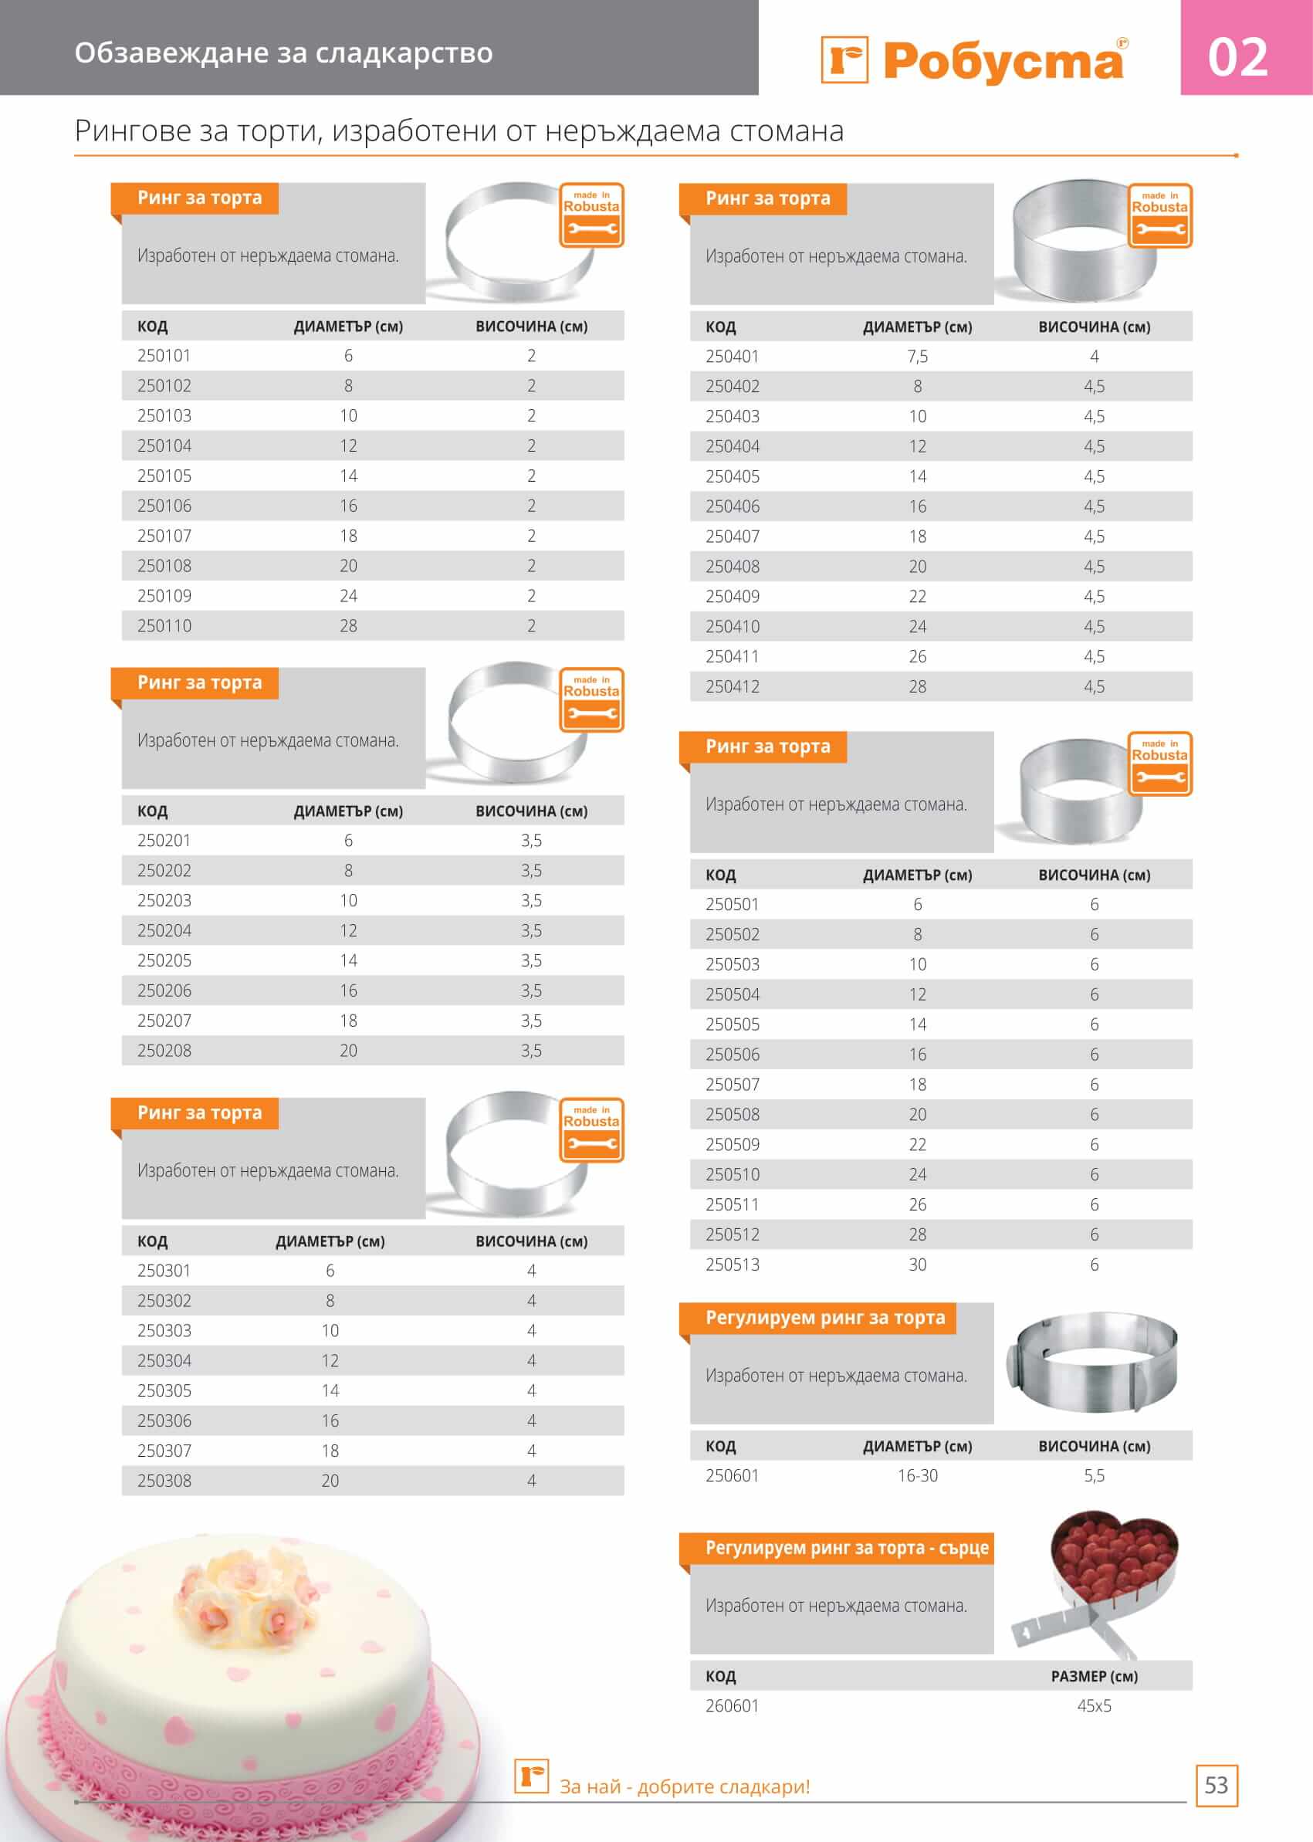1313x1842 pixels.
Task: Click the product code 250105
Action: [x=164, y=476]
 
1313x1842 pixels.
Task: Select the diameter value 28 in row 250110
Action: [x=348, y=626]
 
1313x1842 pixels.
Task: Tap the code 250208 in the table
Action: [x=164, y=1051]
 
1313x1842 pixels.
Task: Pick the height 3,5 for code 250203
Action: [x=531, y=900]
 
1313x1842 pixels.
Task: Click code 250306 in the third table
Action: [x=164, y=1420]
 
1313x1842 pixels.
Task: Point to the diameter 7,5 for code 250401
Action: [x=918, y=357]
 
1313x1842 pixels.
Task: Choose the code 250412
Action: [x=733, y=686]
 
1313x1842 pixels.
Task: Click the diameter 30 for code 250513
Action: [x=918, y=1265]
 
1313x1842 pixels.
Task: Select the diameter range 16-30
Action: [x=918, y=1476]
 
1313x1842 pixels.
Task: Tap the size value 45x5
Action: [x=1094, y=1706]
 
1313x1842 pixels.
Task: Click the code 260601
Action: [x=733, y=1706]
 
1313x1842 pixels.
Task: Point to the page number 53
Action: [x=1216, y=1786]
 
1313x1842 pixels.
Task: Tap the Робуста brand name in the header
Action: [x=1003, y=61]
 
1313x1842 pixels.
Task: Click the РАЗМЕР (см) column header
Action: [x=1094, y=1676]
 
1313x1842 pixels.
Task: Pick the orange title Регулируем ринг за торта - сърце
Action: [x=846, y=1548]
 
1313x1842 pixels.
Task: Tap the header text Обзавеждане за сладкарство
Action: [x=284, y=52]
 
